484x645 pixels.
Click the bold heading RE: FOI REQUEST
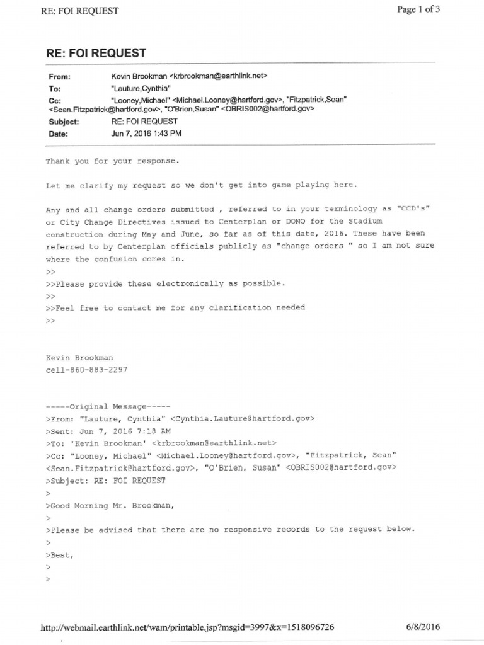pos(96,53)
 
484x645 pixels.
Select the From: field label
pos(60,77)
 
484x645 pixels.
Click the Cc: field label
pos(55,101)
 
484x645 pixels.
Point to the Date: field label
pos(59,134)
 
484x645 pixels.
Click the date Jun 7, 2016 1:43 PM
pos(146,134)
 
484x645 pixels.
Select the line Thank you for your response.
pos(112,161)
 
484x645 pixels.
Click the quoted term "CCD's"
pos(412,210)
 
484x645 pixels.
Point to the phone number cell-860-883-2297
pos(86,370)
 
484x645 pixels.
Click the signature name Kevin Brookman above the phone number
pos(79,358)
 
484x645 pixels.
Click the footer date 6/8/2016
pos(423,627)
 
